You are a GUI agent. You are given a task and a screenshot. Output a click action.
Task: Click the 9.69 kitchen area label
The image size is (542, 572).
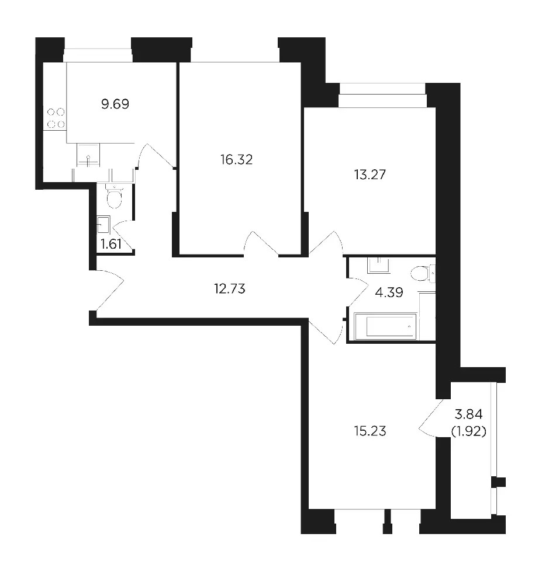[115, 104]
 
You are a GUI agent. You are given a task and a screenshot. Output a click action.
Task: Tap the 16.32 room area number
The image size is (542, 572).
[236, 159]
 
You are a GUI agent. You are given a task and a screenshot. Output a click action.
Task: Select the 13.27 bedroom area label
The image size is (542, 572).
[370, 175]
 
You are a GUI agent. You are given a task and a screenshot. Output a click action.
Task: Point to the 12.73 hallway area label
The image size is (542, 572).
[230, 289]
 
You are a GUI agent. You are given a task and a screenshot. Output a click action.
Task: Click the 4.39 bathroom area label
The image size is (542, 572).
[389, 292]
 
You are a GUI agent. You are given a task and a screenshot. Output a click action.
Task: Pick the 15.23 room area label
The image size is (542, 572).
[370, 431]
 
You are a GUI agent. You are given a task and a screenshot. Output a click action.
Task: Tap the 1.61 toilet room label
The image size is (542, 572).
[111, 244]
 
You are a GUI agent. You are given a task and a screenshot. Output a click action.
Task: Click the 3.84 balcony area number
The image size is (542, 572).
[468, 414]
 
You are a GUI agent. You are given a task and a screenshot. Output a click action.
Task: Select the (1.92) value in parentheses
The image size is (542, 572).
[468, 431]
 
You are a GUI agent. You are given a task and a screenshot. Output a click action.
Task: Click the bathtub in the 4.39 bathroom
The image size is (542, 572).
[385, 326]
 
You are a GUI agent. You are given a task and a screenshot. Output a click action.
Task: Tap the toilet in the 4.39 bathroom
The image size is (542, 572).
[423, 274]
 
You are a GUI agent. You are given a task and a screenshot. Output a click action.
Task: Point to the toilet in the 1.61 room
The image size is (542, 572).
[115, 196]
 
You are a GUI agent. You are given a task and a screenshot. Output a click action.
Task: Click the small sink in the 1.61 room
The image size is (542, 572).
[103, 225]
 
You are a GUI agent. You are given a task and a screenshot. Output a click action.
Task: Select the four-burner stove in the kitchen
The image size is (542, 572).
[56, 118]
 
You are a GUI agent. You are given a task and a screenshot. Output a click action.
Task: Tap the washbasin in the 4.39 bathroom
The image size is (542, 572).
[379, 265]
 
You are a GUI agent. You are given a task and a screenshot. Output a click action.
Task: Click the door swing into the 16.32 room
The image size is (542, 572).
[261, 243]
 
